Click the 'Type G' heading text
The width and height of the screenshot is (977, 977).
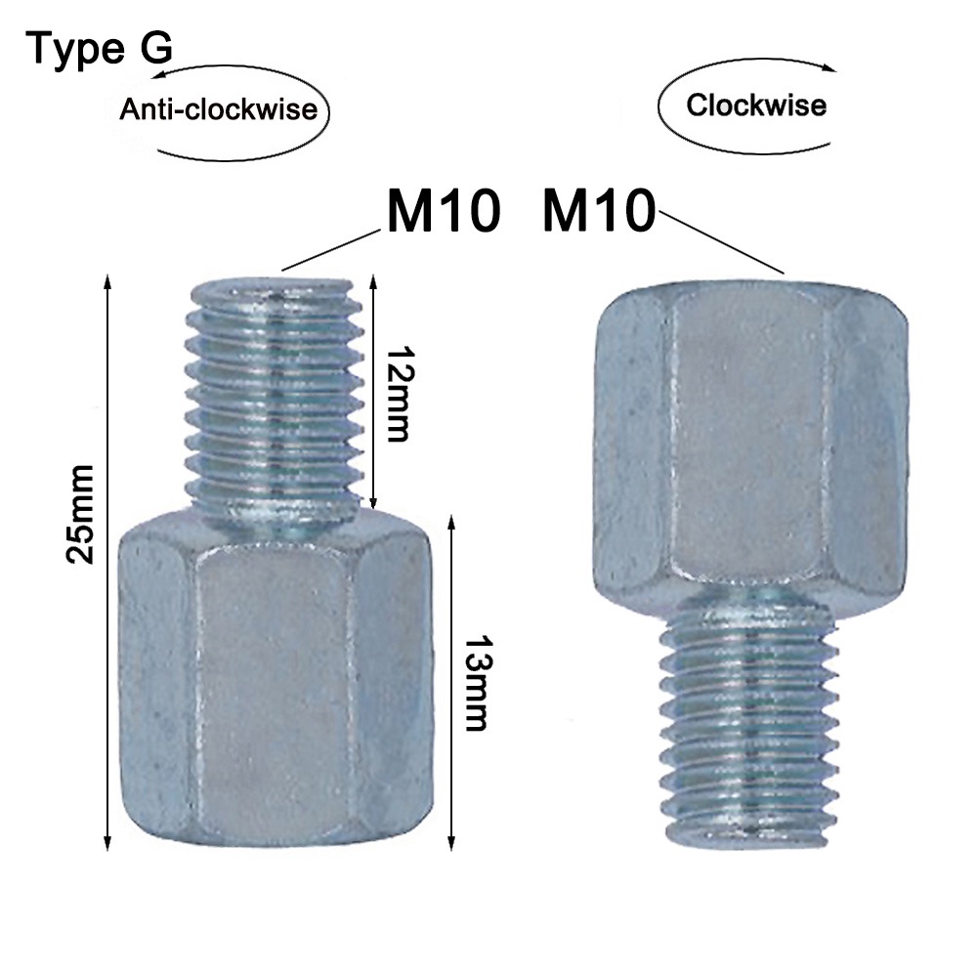[x=99, y=49]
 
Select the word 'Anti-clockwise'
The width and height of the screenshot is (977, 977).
[x=219, y=109]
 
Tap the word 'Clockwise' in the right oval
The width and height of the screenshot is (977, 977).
[x=756, y=105]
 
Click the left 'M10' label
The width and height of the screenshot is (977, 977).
[x=444, y=210]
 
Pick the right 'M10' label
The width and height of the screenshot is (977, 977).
[x=600, y=210]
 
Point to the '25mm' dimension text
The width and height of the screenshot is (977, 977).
[x=81, y=514]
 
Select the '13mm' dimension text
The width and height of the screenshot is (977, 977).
[x=476, y=683]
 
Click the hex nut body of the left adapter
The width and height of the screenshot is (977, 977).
[x=276, y=679]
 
